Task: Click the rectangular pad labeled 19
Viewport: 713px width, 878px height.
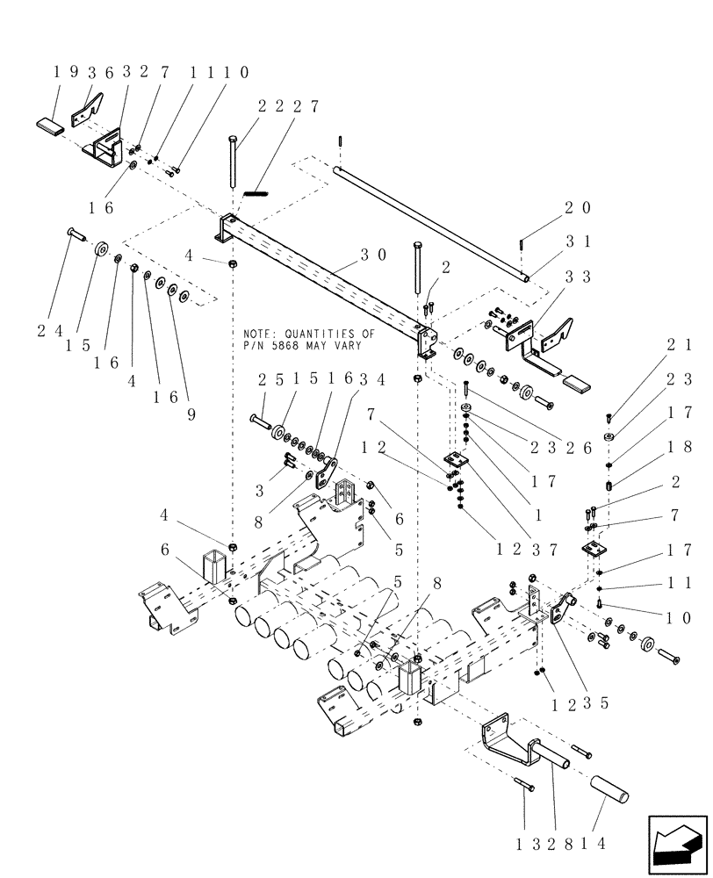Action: (x=51, y=121)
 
